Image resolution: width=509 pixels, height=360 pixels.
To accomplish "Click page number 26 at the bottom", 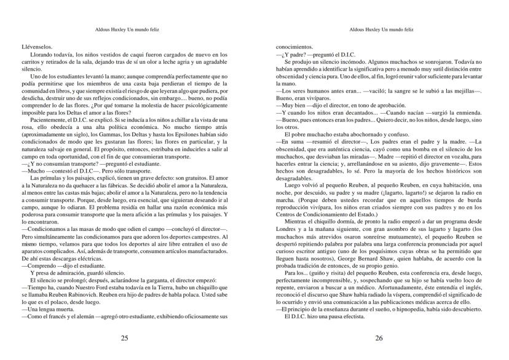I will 379,338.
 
